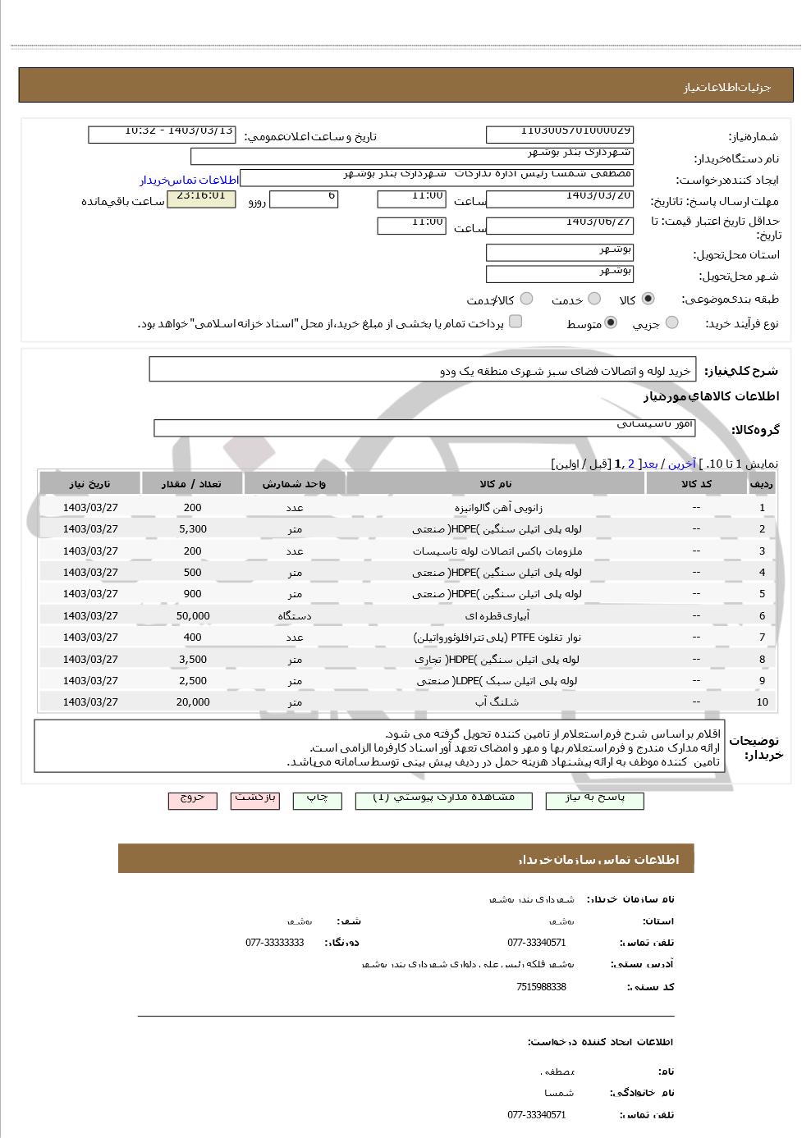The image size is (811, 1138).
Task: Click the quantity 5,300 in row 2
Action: (193, 529)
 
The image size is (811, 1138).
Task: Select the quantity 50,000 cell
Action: (193, 616)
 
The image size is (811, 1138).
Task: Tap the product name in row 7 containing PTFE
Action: (497, 638)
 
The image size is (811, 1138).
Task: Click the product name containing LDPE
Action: (497, 681)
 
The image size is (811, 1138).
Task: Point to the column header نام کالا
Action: (496, 484)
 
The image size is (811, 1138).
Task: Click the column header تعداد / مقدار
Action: (193, 484)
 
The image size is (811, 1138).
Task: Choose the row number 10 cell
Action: (762, 702)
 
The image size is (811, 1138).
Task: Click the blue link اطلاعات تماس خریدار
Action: (189, 180)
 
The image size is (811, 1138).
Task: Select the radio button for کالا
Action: (648, 299)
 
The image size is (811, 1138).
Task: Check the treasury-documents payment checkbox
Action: (515, 322)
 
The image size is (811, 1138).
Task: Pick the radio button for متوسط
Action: (610, 323)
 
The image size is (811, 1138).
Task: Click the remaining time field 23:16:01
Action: (201, 199)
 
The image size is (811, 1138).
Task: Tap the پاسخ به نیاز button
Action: (594, 799)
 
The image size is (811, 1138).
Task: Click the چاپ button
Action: (317, 799)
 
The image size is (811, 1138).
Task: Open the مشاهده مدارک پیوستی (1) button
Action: (443, 799)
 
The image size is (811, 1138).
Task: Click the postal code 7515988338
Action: (541, 987)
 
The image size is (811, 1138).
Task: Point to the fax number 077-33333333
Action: (274, 943)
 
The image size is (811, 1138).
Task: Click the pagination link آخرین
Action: (681, 464)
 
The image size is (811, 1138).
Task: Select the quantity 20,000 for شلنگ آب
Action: (193, 702)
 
